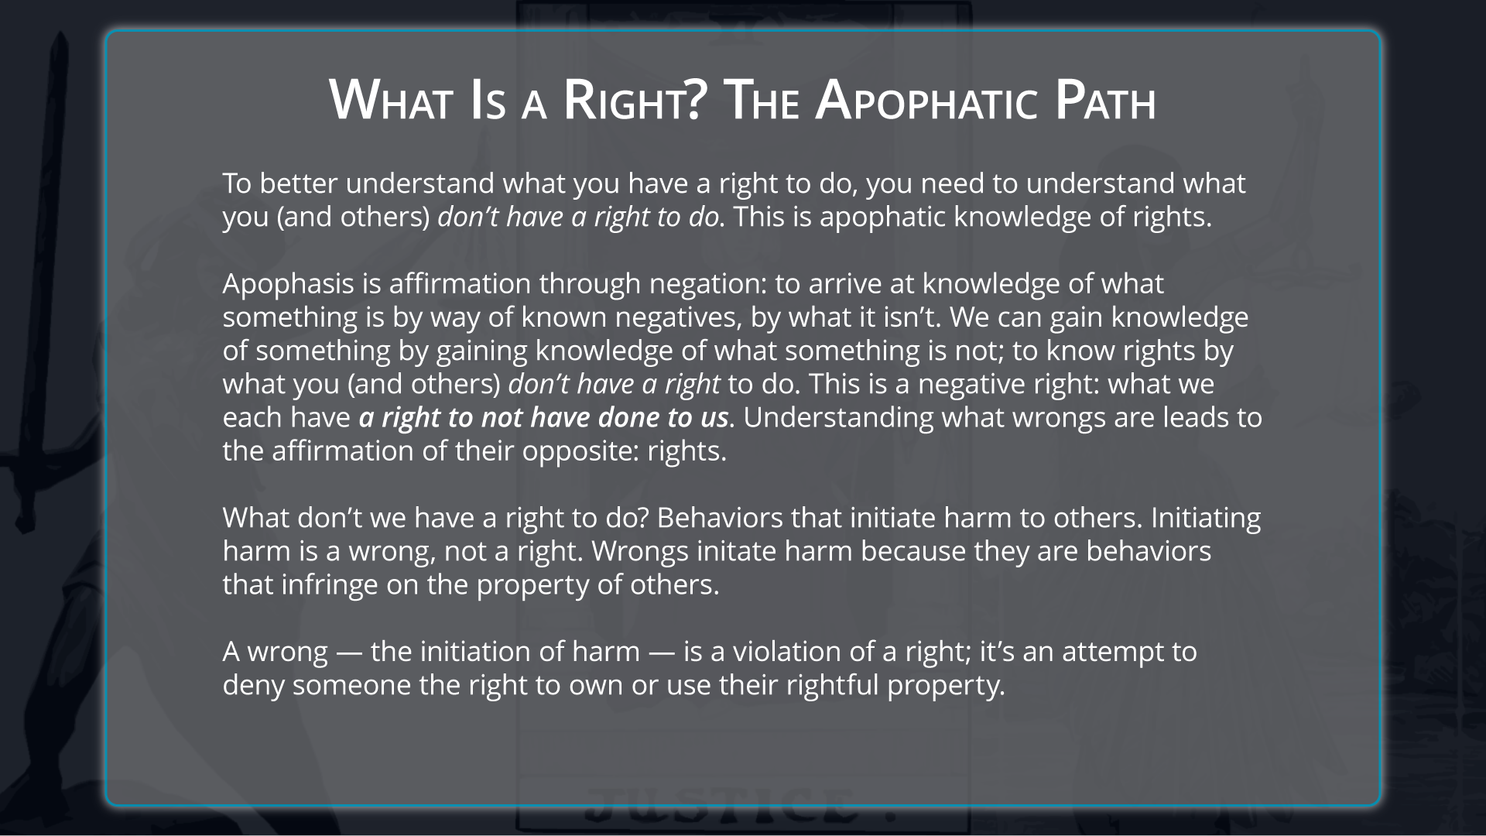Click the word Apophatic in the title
926,101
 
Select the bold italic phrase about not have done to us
543,417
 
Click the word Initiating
1206,518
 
